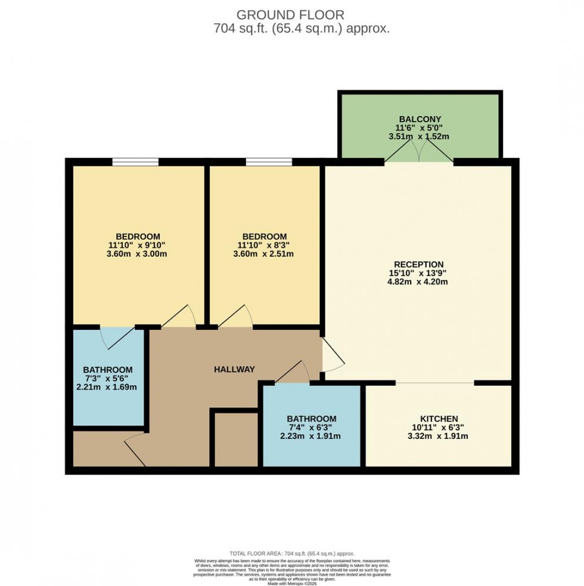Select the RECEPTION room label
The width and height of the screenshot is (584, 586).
tap(418, 264)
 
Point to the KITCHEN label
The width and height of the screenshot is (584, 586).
tap(438, 419)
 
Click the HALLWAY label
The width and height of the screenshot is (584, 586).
tap(234, 369)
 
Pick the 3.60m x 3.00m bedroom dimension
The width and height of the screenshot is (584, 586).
tap(138, 254)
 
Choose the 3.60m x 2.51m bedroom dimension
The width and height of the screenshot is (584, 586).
tap(264, 254)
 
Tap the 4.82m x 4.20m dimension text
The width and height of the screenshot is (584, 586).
tap(418, 282)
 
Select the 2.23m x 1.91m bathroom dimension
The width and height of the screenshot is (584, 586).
tap(311, 436)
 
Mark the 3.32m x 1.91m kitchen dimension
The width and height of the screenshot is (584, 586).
tap(438, 436)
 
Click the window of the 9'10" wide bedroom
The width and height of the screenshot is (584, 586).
tap(136, 161)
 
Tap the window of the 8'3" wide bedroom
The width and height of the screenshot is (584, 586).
tap(269, 161)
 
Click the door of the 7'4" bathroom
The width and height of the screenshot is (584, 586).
tap(293, 374)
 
